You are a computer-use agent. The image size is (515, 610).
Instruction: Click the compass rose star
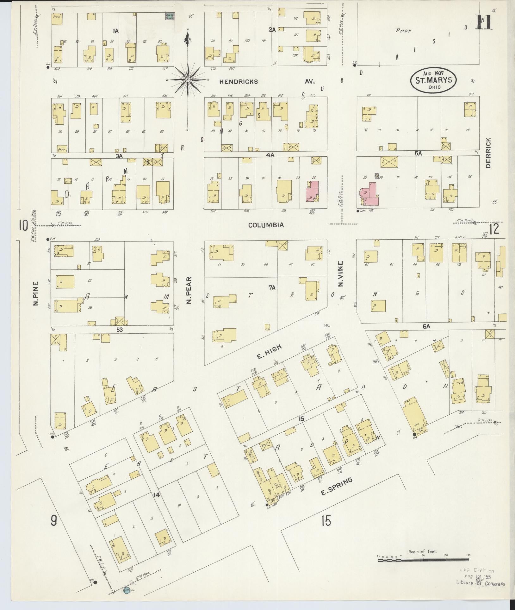pyautogui.click(x=188, y=80)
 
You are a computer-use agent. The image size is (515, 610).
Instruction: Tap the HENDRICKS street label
pyautogui.click(x=239, y=82)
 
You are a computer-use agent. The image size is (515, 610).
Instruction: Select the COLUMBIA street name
pyautogui.click(x=266, y=225)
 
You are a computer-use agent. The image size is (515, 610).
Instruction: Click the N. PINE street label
pyautogui.click(x=36, y=293)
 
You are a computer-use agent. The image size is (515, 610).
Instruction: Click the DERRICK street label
pyautogui.click(x=488, y=153)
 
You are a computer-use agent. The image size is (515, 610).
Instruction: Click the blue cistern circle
pyautogui.click(x=127, y=591)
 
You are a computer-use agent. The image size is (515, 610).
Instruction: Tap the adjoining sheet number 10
pyautogui.click(x=23, y=226)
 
